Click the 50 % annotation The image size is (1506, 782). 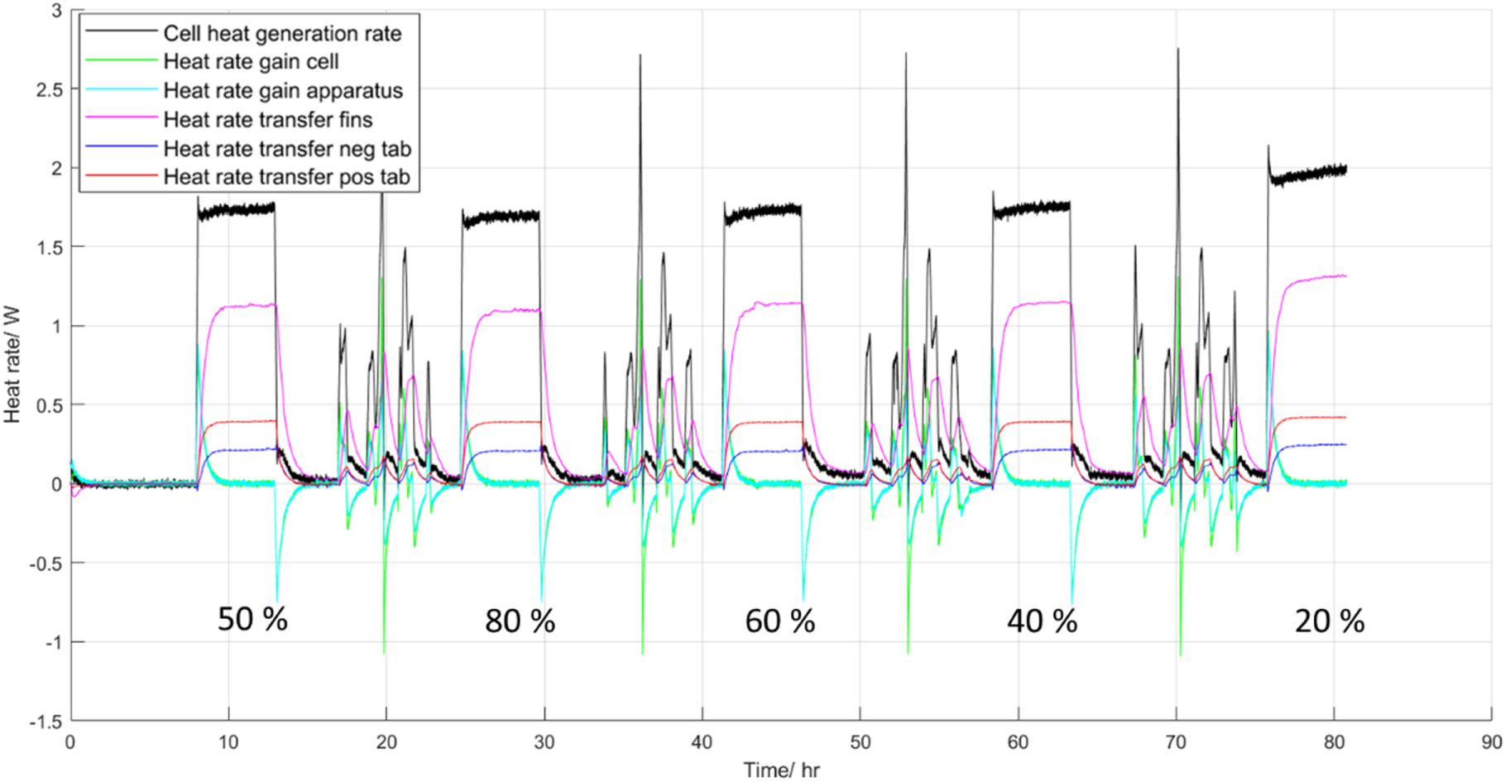[x=252, y=619]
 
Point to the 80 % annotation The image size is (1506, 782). [x=520, y=621]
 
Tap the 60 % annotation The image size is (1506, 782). [x=779, y=621]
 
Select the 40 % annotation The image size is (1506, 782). [x=1042, y=621]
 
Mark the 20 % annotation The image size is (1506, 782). [x=1329, y=621]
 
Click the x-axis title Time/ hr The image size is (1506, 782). [x=781, y=770]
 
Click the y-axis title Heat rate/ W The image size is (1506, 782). [x=12, y=365]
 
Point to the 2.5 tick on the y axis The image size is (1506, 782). [x=49, y=89]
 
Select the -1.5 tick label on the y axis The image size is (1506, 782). [x=46, y=722]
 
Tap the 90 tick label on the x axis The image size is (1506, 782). [x=1491, y=742]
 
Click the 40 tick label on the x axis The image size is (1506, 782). [x=702, y=742]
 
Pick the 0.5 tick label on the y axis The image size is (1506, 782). [x=49, y=405]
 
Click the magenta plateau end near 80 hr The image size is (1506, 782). [x=1345, y=276]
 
